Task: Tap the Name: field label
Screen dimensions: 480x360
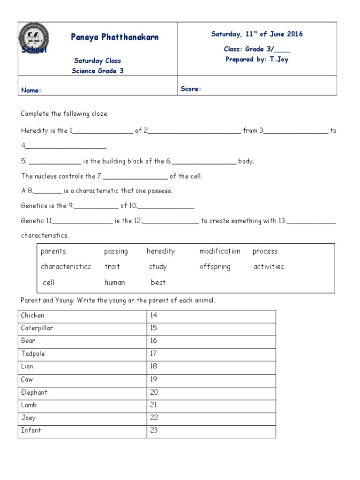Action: [31, 90]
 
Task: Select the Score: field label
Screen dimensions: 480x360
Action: [191, 89]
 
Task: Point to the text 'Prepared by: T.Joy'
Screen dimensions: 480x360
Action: [257, 60]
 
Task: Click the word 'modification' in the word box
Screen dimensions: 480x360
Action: [220, 251]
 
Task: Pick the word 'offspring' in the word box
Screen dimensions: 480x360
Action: [215, 267]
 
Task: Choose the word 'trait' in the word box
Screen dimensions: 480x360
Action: [112, 267]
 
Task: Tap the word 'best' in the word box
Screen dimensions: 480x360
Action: [158, 283]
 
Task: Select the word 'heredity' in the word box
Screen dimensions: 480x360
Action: [161, 251]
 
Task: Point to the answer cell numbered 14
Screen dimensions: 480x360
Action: [211, 315]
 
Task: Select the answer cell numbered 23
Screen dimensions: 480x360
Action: [211, 430]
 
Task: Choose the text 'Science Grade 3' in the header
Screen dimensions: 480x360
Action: [97, 71]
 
